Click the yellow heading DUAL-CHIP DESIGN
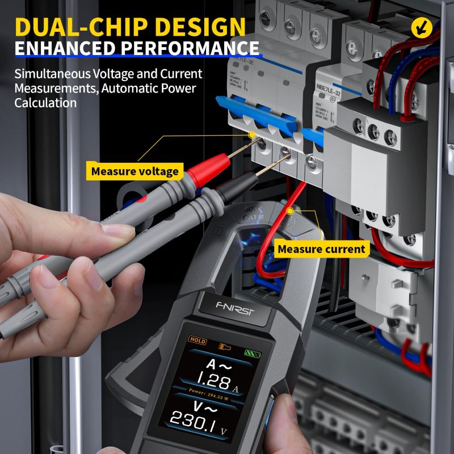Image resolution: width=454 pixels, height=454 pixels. [x=131, y=27]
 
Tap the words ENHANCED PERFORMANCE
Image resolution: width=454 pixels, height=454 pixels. [x=136, y=47]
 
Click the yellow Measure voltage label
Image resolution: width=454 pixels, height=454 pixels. [x=134, y=171]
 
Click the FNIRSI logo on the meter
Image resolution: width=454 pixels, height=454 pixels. [x=234, y=308]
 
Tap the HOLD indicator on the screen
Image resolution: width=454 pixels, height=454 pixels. [x=198, y=340]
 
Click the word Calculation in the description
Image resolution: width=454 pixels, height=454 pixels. [x=45, y=103]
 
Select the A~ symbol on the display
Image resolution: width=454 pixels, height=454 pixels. [x=217, y=364]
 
